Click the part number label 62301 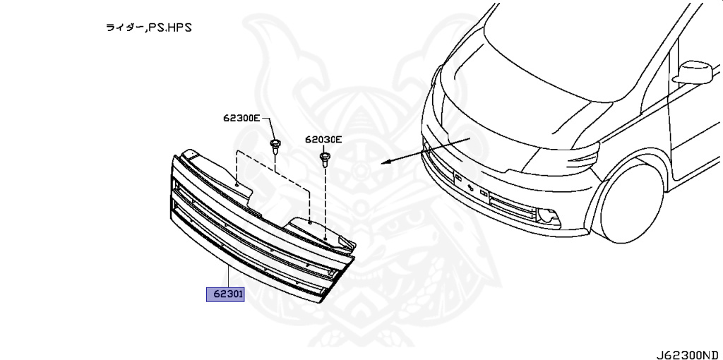click(x=225, y=294)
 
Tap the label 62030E click(x=323, y=140)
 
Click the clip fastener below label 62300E click(x=274, y=147)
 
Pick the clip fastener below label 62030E click(x=325, y=158)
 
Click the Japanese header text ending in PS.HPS click(x=148, y=28)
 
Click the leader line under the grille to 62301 click(x=227, y=277)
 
